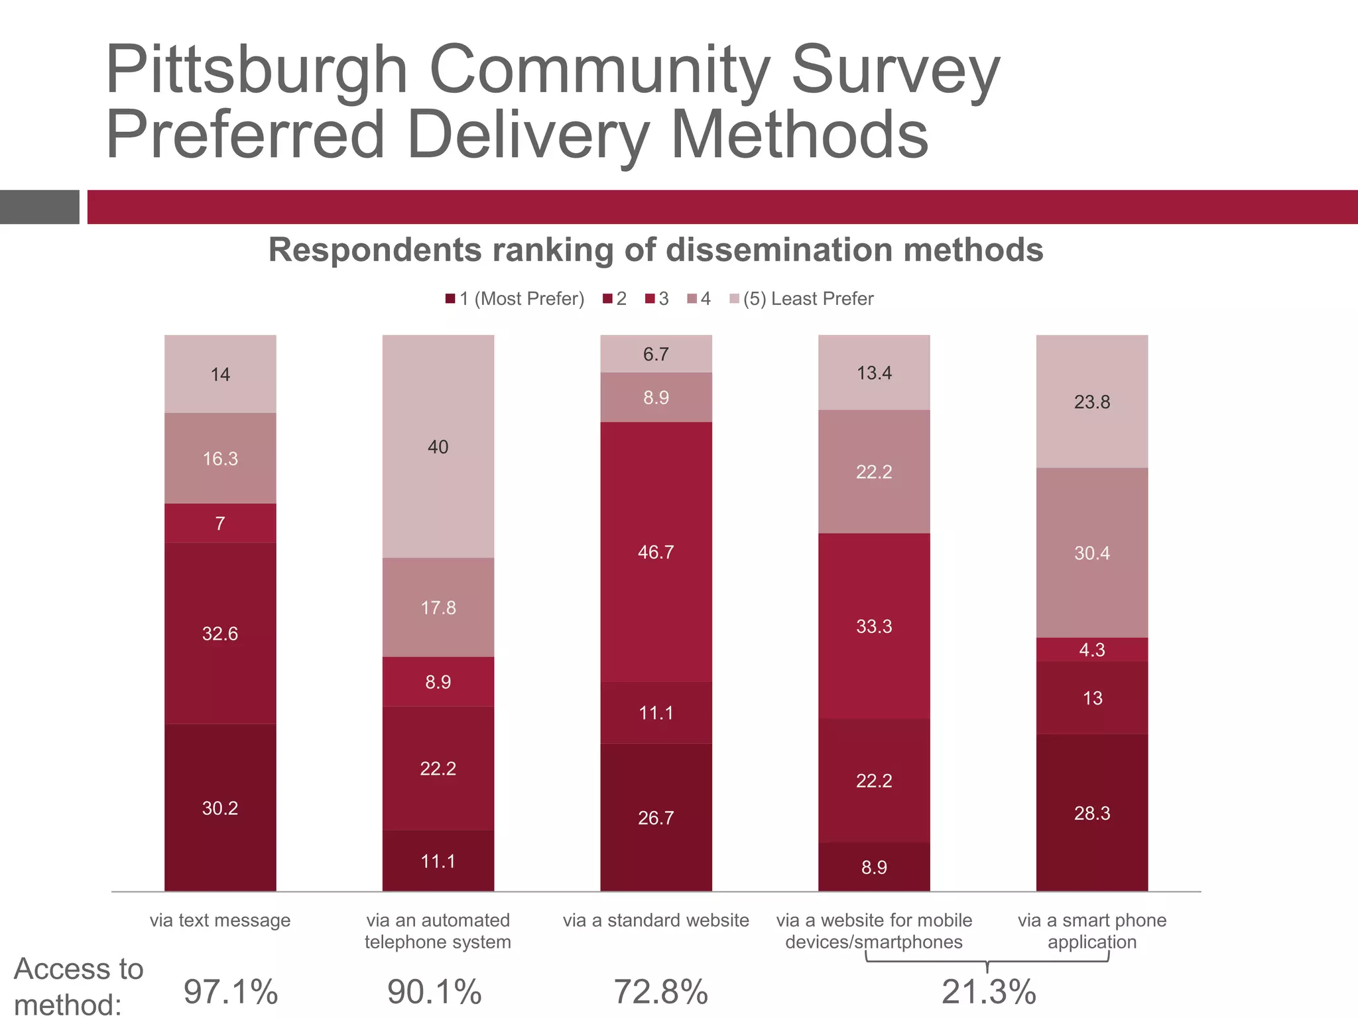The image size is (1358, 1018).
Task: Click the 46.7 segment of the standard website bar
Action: coord(656,551)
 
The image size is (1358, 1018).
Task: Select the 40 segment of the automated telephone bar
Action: coord(438,446)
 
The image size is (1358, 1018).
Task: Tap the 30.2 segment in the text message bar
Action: coord(220,807)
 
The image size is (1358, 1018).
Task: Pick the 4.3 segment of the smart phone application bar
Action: coord(1091,650)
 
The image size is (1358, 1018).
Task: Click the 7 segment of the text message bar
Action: coord(220,523)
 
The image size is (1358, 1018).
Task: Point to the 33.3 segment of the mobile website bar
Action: coord(874,626)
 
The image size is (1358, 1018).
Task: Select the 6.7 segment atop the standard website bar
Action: coord(656,353)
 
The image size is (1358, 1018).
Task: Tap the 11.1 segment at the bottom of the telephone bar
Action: coord(438,860)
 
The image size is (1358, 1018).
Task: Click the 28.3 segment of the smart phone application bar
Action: coord(1091,813)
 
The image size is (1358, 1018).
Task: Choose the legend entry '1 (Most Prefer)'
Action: coord(515,299)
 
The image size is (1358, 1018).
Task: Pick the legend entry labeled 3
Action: coord(657,299)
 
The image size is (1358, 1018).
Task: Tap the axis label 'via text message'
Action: coord(220,920)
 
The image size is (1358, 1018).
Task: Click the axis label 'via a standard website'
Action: coord(656,920)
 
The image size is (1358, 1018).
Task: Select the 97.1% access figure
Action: coord(230,991)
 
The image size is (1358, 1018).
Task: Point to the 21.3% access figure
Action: coord(988,991)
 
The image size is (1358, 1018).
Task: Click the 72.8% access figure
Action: coord(660,991)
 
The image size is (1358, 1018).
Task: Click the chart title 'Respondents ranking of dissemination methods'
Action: coord(656,250)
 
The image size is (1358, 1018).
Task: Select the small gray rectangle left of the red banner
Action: coord(39,207)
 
